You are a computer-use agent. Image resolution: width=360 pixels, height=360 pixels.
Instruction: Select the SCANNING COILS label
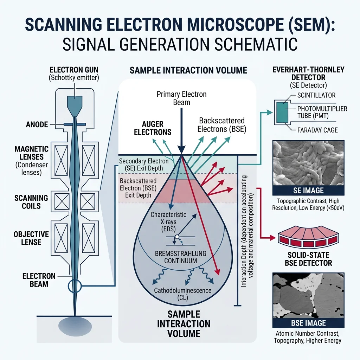pos(31,202)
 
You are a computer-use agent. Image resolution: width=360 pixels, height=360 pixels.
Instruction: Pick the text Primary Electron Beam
pos(181,98)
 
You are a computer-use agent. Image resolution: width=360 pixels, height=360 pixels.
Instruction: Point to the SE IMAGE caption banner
pos(308,191)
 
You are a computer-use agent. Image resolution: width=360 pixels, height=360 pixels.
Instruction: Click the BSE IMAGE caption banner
pos(308,323)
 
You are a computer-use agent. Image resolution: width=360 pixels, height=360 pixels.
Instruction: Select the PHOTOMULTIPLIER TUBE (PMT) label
pos(322,112)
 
